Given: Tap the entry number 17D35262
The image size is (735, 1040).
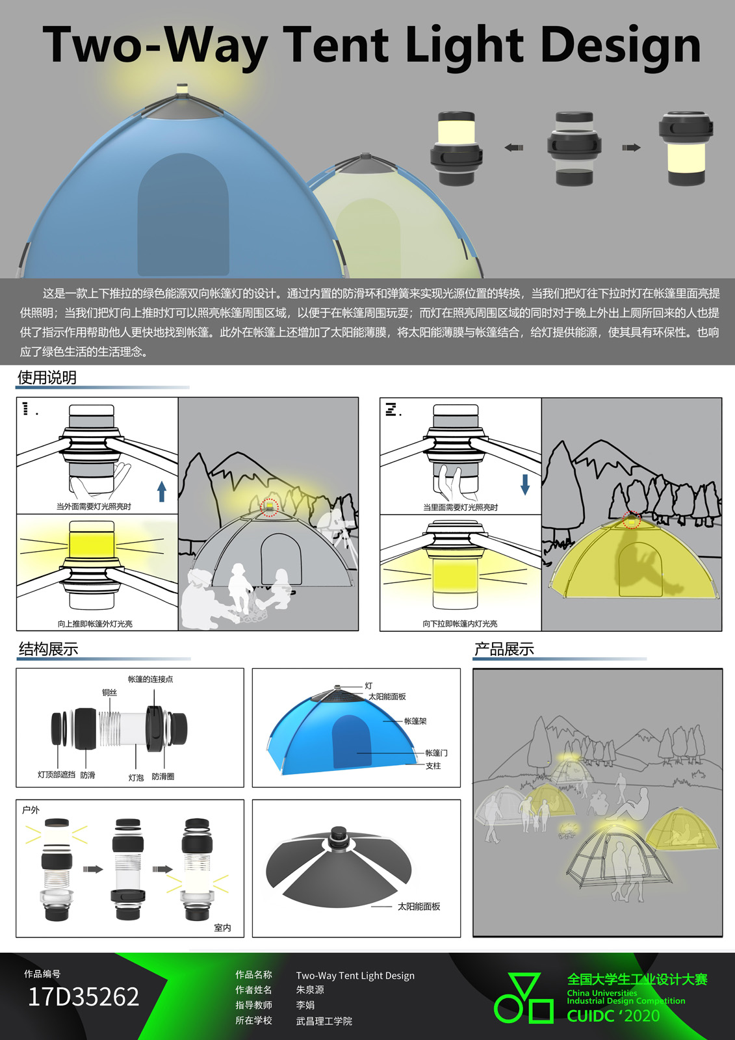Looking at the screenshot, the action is (84, 996).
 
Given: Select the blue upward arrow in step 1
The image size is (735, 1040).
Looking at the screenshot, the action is (162, 491).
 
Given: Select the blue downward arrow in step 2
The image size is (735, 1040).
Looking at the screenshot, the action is (525, 484).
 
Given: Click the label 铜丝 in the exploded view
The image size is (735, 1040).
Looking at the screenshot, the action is (110, 692).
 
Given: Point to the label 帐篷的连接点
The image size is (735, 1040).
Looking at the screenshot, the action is (150, 679).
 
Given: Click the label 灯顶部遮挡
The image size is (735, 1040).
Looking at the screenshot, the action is (56, 774).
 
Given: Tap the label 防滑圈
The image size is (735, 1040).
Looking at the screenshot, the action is (163, 776).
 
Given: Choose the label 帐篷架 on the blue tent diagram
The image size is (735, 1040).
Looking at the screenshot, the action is (415, 721).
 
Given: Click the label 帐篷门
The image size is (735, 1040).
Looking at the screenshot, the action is (437, 753).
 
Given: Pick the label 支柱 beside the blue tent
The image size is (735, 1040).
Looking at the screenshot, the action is (433, 766).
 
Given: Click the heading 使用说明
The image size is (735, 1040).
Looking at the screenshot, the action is (47, 378).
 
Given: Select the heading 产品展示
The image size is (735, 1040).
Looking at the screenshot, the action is (504, 649).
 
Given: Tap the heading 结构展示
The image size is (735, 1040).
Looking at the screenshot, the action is (48, 649).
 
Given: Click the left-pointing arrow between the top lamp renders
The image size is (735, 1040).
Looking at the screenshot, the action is (513, 148).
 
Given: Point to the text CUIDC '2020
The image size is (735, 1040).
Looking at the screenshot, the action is (613, 1016).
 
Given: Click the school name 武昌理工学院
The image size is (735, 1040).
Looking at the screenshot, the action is (324, 1021).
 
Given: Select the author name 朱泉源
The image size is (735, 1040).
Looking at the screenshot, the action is (310, 989).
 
